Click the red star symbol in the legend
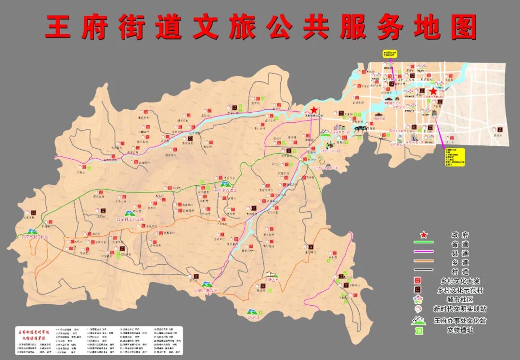424,235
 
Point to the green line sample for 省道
424,244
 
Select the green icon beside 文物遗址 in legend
418,330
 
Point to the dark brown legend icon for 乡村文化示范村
418,290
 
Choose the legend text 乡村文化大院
459,281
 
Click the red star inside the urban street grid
433,91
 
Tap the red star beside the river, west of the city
314,110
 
